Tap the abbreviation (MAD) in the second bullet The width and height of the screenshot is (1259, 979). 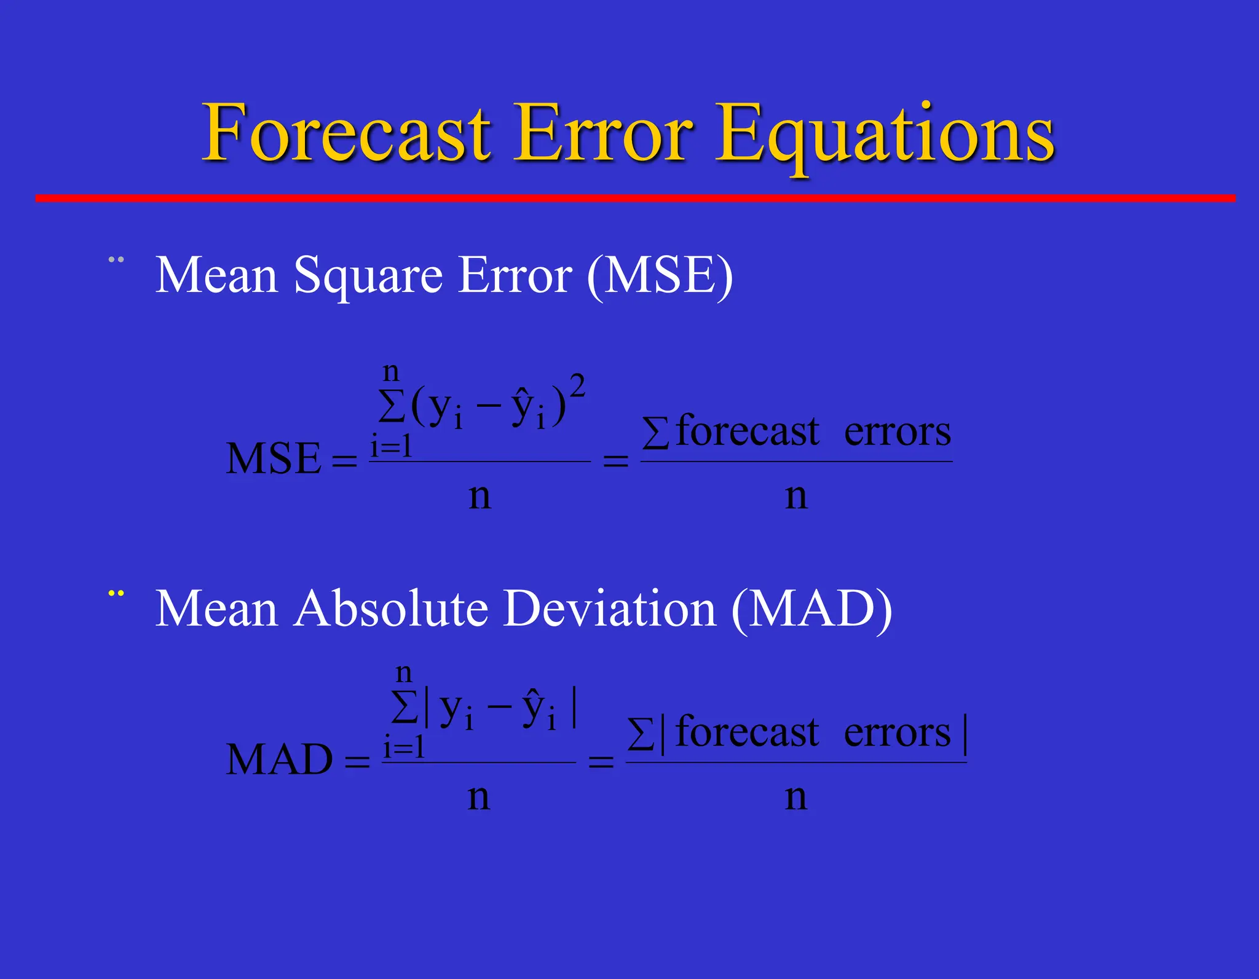click(x=811, y=610)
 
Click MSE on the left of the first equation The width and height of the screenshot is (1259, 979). click(x=273, y=459)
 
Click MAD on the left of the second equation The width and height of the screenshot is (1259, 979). click(x=279, y=760)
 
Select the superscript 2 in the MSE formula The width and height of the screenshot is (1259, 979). click(x=577, y=388)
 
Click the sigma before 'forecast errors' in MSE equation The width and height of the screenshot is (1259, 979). click(x=655, y=433)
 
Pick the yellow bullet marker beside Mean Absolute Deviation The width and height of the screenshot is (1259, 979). click(x=116, y=594)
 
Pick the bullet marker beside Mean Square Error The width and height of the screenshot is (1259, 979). click(x=116, y=260)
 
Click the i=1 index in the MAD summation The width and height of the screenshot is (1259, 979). click(x=404, y=748)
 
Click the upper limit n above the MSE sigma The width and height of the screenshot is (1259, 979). click(x=391, y=371)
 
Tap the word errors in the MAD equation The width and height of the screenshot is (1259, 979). click(x=897, y=733)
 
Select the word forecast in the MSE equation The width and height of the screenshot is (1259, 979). click(x=747, y=431)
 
